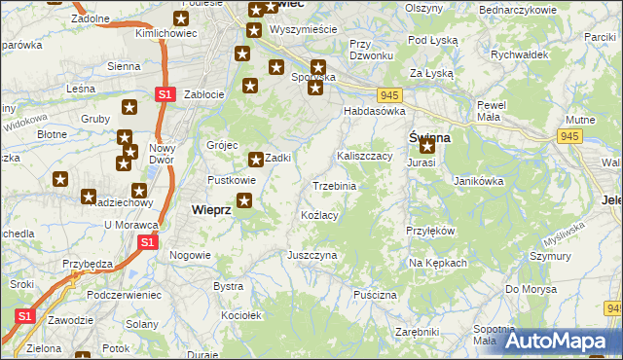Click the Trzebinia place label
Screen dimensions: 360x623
point(334,185)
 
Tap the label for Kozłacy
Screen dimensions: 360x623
point(319,214)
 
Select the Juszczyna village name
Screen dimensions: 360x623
point(311,255)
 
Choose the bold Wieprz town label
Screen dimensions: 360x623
point(211,209)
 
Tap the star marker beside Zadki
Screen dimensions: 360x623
point(256,160)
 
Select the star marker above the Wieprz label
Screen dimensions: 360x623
point(244,201)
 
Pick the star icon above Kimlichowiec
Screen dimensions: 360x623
point(181,18)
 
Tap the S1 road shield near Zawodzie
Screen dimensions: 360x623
point(24,316)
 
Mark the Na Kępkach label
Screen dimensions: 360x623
point(438,263)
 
